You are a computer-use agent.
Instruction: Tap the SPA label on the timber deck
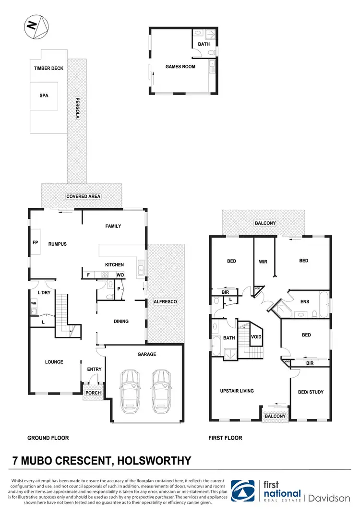click(44, 96)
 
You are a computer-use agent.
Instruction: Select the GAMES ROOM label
click(180, 67)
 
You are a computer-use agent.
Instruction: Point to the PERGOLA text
click(76, 108)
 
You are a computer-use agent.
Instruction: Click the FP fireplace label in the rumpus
click(36, 243)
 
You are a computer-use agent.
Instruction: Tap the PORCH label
click(93, 393)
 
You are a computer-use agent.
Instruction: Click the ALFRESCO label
click(165, 301)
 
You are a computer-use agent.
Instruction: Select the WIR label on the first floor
click(263, 262)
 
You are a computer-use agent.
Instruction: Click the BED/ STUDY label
click(311, 392)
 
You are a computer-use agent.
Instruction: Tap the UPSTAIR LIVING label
click(237, 391)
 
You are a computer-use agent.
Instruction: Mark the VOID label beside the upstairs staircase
click(256, 337)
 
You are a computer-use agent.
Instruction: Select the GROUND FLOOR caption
click(48, 438)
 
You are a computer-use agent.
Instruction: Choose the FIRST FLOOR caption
click(226, 438)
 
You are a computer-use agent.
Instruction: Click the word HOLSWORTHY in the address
click(154, 461)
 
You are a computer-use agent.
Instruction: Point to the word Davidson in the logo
click(329, 498)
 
